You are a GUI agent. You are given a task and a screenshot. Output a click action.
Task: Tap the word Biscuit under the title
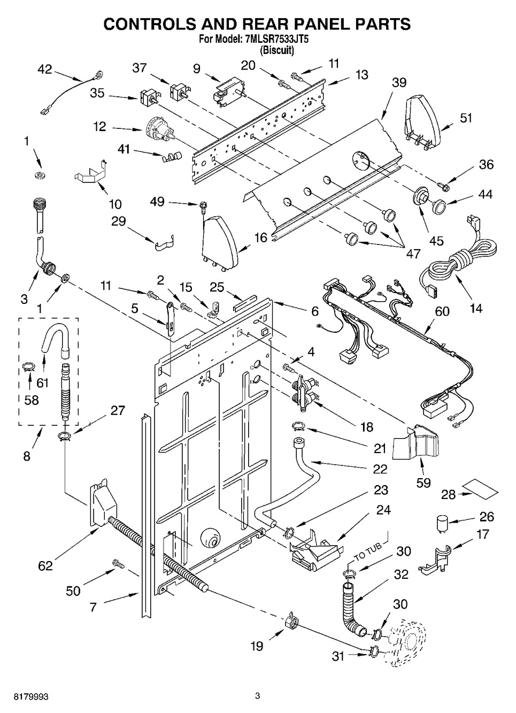(x=276, y=50)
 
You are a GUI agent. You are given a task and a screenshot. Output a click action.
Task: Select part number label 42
(x=45, y=70)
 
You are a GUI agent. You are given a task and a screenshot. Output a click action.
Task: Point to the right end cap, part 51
(x=422, y=122)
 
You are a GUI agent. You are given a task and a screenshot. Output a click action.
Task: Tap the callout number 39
(x=399, y=83)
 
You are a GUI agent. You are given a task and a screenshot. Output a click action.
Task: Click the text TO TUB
(x=368, y=552)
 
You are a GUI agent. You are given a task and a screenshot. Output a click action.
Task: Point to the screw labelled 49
(x=202, y=208)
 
